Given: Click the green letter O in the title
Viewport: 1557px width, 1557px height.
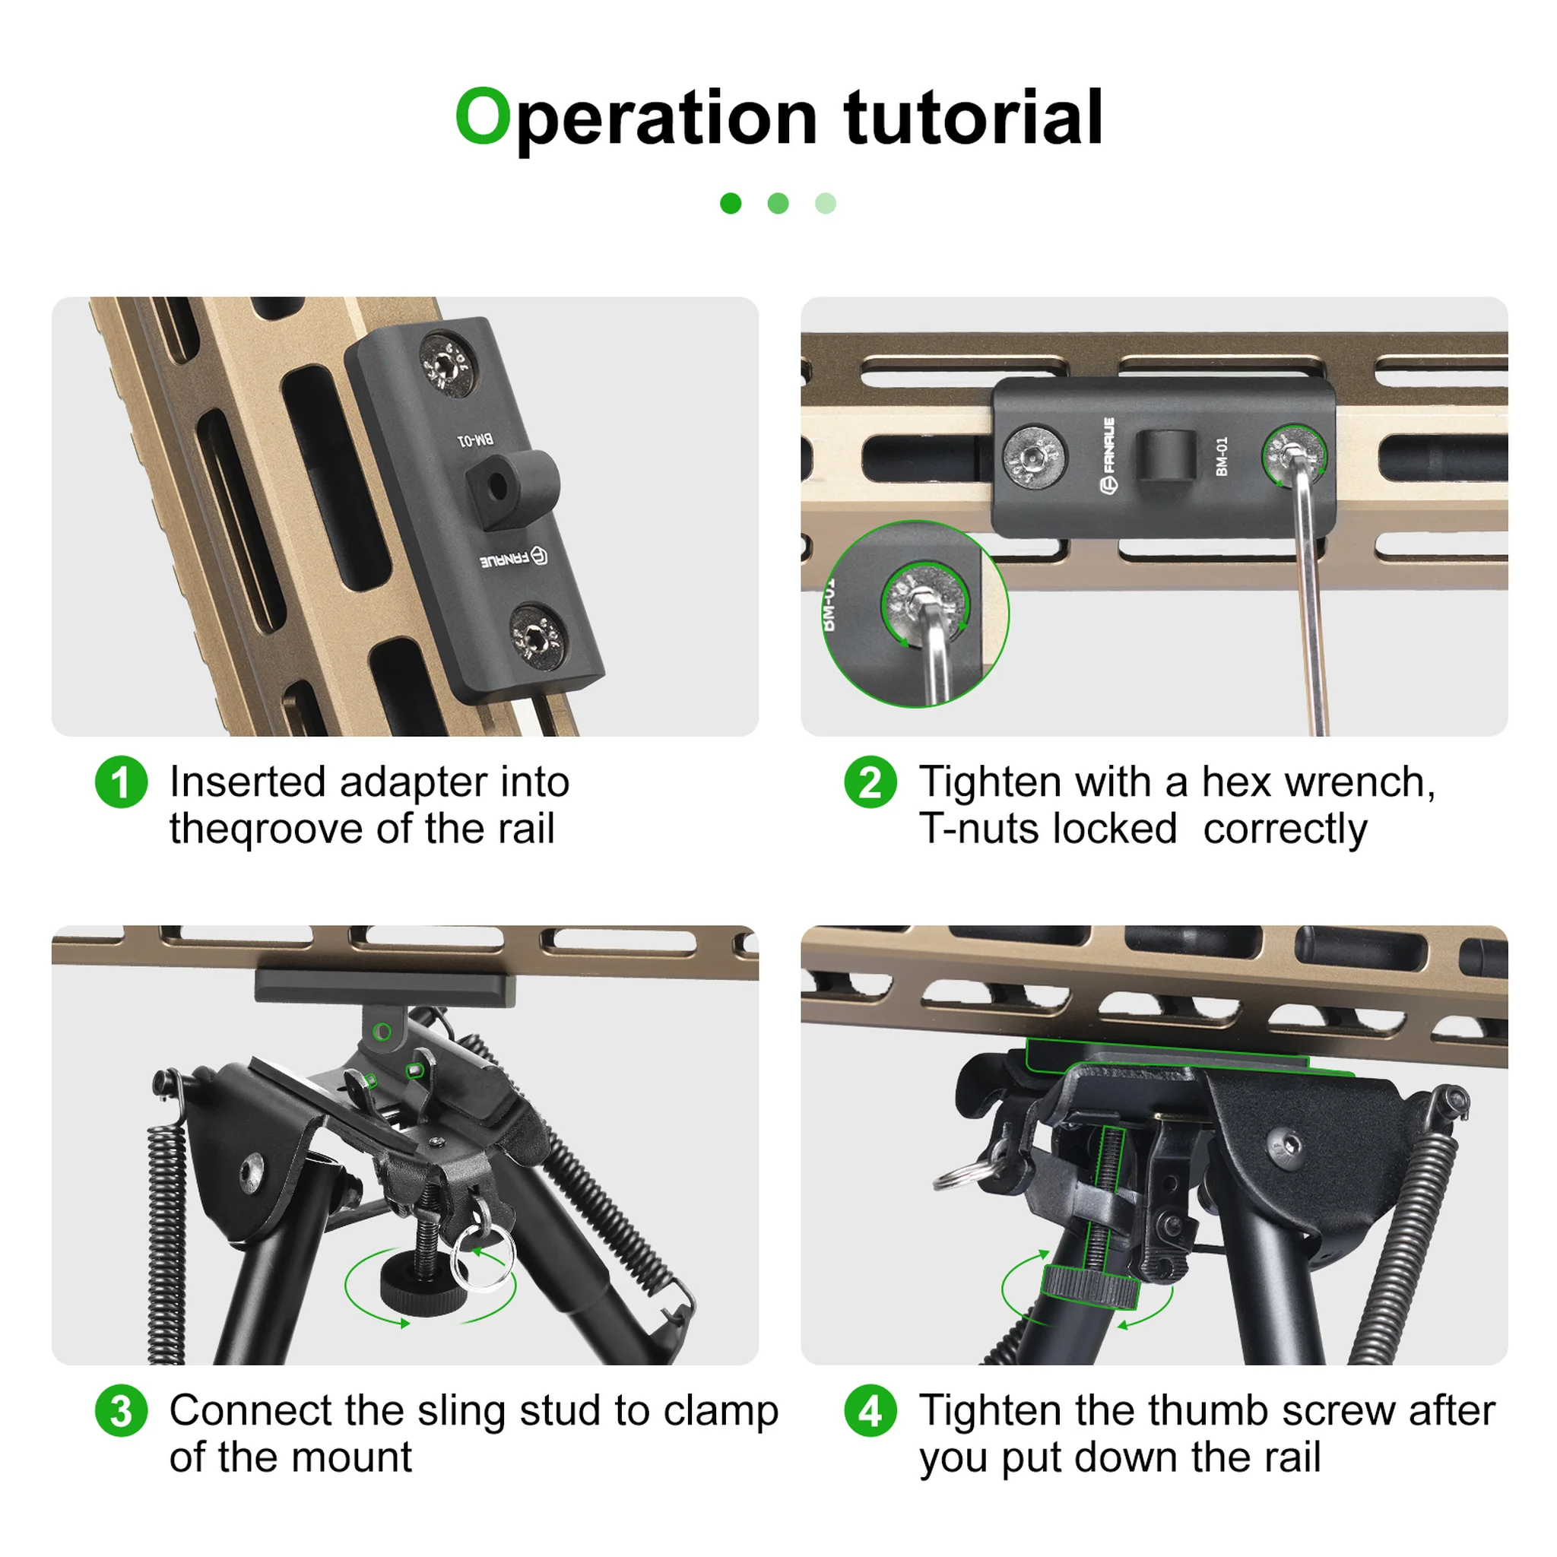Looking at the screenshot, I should pyautogui.click(x=483, y=117).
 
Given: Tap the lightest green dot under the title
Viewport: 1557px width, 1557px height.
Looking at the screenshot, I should pyautogui.click(x=825, y=203).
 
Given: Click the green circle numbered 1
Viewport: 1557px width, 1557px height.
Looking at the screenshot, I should pyautogui.click(x=121, y=782).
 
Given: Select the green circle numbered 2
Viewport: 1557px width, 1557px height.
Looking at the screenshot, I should pyautogui.click(x=870, y=782).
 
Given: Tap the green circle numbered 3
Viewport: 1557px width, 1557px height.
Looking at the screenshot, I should pyautogui.click(x=121, y=1410).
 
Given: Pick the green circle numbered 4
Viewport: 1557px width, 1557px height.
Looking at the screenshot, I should pyautogui.click(x=870, y=1410).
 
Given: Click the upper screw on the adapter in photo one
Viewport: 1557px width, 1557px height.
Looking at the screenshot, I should pyautogui.click(x=449, y=365).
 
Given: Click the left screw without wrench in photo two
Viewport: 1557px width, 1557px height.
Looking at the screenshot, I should pyautogui.click(x=1034, y=457).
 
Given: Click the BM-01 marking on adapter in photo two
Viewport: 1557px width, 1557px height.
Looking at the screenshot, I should pyautogui.click(x=1222, y=457).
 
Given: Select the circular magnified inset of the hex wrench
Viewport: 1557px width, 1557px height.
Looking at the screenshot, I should pyautogui.click(x=915, y=614).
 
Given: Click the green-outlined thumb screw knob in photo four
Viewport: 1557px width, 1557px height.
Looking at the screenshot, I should pyautogui.click(x=1089, y=1287).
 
